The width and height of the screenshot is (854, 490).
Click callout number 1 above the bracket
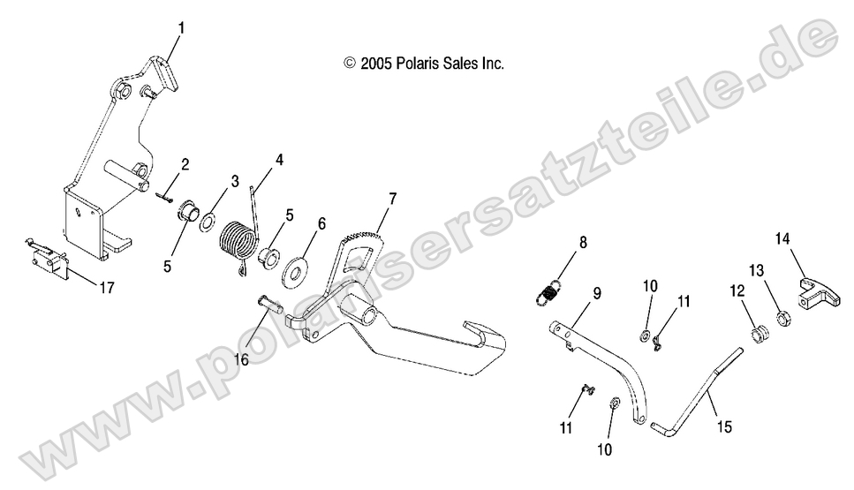point(181,27)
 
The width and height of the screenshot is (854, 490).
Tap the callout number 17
point(106,285)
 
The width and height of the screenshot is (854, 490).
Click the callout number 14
point(782,238)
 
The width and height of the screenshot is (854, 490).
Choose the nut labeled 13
point(782,315)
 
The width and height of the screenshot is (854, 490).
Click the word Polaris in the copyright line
point(414,64)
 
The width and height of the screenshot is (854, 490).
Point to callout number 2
point(185,163)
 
